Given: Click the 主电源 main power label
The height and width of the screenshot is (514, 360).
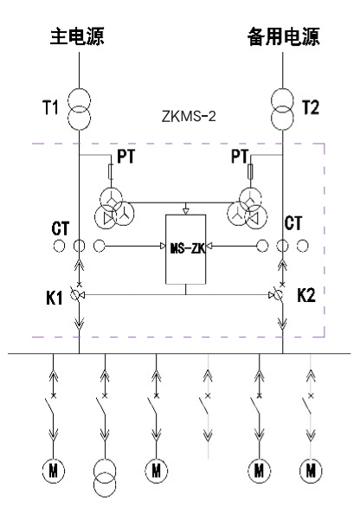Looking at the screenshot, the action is point(77,35).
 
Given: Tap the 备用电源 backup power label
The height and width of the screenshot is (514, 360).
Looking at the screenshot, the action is point(283,36).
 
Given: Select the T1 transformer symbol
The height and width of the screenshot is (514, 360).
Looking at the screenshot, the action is point(79,110).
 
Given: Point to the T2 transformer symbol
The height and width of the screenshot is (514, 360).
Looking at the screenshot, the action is point(282,110).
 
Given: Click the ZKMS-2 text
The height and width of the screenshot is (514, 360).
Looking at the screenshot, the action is point(189,116).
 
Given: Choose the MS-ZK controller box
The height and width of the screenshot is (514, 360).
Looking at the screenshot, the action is point(186,249).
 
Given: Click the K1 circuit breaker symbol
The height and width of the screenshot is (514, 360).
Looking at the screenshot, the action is point(77,295).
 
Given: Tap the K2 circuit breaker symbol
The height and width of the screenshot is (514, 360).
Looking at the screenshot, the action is point(278,295).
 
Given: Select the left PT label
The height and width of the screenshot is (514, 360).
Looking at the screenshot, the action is point(125,157).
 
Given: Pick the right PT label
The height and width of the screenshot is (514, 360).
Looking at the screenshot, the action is point(240,156).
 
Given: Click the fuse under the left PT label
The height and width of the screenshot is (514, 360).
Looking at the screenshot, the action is point(111,171).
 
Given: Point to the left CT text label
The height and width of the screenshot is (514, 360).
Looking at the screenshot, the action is point(61,228).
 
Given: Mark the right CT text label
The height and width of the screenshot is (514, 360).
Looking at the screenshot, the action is point(292,223).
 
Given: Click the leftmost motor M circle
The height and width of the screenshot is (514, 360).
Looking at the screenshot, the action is point(53,471).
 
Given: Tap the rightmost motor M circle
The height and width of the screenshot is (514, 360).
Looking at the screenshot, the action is point(311,471).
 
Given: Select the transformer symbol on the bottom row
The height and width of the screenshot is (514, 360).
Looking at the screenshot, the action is point(105,478).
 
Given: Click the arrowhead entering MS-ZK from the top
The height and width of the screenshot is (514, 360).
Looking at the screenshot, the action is point(186,211).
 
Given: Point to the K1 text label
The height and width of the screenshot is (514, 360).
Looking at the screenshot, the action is point(55,298).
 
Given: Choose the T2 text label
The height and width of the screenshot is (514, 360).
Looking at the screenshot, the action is point(310,107).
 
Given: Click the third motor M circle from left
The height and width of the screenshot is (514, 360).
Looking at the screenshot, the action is point(156,471).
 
